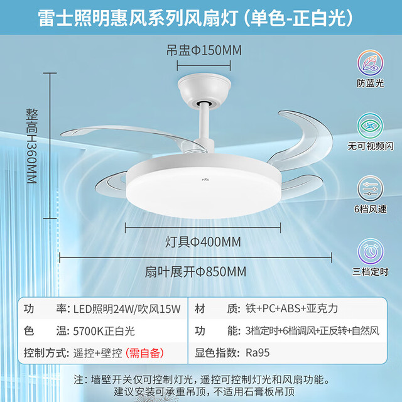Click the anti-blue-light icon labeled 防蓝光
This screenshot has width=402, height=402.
pos(370,63)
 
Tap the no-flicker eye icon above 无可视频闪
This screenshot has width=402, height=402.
pos(370,126)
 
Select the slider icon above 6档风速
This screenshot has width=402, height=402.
pos(370,188)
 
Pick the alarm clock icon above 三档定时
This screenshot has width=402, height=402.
pos(370,251)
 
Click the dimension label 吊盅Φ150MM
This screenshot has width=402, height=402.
pos(204,50)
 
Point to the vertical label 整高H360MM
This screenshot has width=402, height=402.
pos(32,146)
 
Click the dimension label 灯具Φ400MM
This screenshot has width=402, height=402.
pos(203,242)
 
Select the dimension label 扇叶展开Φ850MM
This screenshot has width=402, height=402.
pos(195,272)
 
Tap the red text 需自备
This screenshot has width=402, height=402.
pos(144,353)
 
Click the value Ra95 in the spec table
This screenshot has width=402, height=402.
pos(258,353)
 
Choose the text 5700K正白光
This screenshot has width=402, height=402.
pos(104,331)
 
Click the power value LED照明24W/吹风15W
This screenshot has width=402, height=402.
pos(127,309)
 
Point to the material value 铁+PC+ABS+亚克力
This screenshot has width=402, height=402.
pos(291,308)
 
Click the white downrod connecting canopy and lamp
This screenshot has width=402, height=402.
pos(205,123)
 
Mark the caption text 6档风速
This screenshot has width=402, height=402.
pos(370,209)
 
